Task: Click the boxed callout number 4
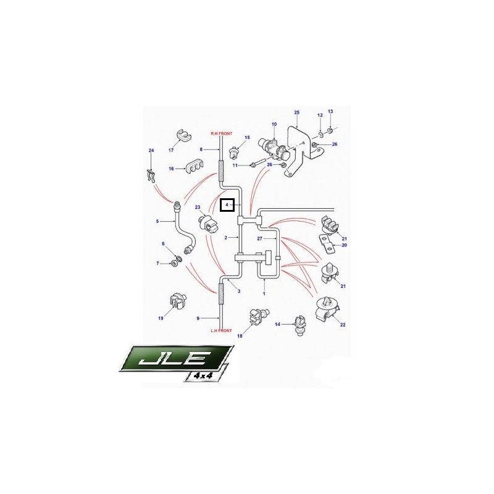pos(227,205)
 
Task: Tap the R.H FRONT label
pos(221,133)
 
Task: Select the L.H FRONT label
pos(221,330)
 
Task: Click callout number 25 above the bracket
pos(296,112)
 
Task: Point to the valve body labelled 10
pos(272,148)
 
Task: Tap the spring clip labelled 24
pos(151,176)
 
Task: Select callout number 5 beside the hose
pos(157,221)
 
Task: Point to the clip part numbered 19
pos(177,301)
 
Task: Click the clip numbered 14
pos(299,326)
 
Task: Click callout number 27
pos(259,238)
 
